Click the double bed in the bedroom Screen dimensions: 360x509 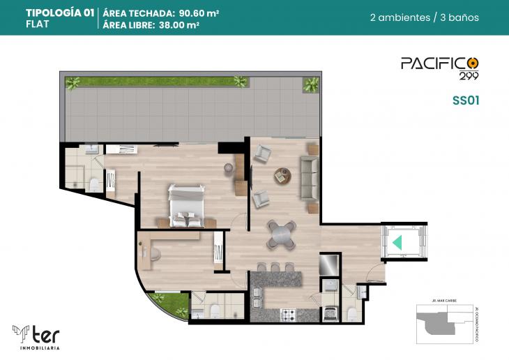point(186,206)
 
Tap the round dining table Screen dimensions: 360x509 point(282,234)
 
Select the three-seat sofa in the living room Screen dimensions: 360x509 point(308,177)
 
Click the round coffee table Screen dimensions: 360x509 point(282,174)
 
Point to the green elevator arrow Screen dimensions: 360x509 point(397,243)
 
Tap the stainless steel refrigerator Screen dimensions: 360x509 point(328,264)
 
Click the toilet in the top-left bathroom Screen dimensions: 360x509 point(93,184)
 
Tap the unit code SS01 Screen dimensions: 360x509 point(465,100)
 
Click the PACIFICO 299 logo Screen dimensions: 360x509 point(439,66)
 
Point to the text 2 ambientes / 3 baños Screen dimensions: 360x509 point(424,17)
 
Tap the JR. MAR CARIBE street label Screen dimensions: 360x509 point(439,306)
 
